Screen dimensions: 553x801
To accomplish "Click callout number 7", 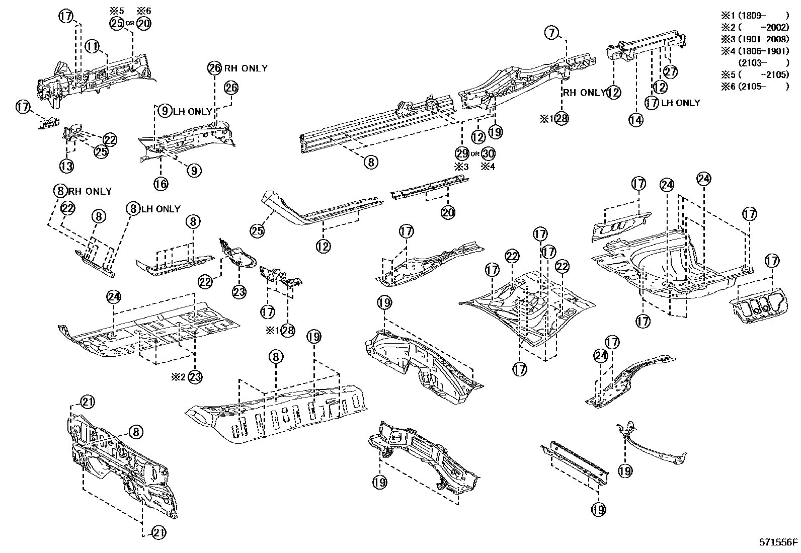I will (552, 33).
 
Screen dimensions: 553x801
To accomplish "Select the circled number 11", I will (92, 47).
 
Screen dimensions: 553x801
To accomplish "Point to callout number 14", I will (636, 120).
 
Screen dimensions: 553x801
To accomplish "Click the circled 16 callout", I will (161, 184).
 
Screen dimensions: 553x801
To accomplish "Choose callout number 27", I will (670, 71).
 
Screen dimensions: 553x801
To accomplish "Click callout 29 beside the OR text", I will (462, 153).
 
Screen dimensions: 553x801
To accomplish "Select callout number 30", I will (488, 153).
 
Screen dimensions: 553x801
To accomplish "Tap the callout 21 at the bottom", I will (158, 532).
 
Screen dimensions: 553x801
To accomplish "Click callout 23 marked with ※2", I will (195, 376).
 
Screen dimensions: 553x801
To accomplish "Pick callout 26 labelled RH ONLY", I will (214, 68).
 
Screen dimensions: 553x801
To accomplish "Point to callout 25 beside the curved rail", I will (258, 230).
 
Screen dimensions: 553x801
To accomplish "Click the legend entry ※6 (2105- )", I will (755, 87).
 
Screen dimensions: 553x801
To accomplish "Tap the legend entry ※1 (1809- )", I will (755, 16).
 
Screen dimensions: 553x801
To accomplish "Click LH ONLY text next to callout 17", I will (681, 103).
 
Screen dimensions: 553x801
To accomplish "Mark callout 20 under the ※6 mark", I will (143, 23).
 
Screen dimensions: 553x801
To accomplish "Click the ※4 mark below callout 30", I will (488, 167).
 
